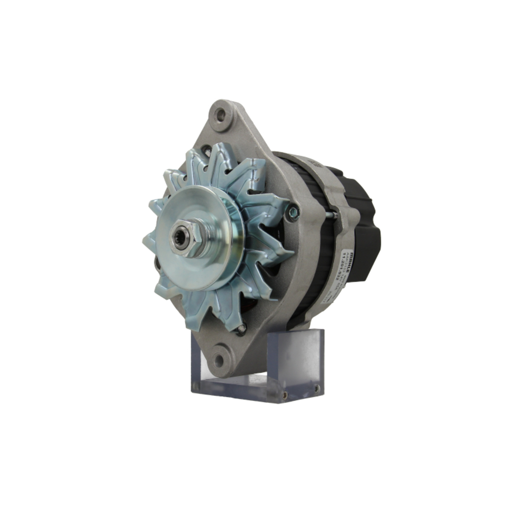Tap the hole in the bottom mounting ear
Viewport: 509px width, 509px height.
point(219,361)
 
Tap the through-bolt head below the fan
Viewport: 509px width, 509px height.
point(241,329)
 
